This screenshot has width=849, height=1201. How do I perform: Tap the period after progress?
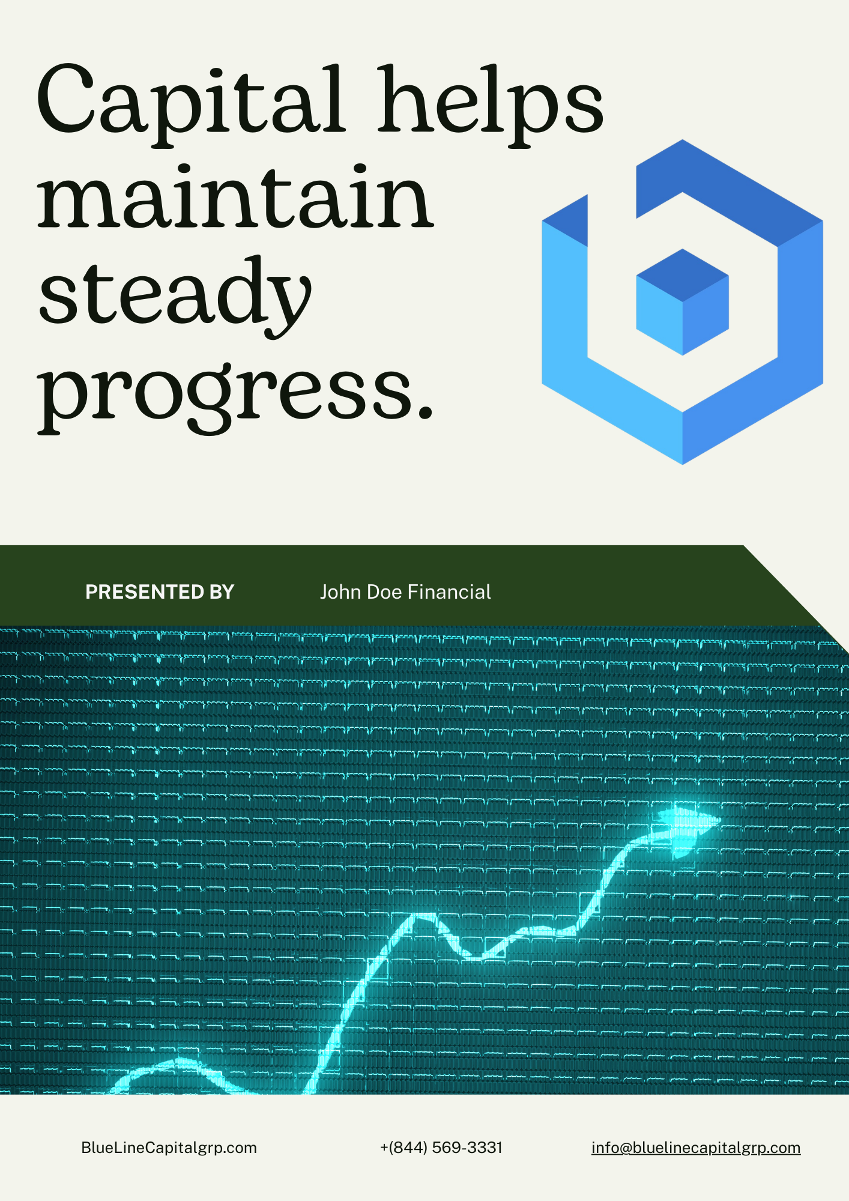424,409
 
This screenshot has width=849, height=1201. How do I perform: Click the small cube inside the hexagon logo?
682,302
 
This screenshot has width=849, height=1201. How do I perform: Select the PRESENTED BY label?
160,592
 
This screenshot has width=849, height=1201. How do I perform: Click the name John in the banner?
340,592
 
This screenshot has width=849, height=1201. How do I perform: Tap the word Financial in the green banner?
449,592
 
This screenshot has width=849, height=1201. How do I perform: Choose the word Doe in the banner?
384,592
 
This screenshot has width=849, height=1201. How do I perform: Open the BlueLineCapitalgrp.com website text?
169,1148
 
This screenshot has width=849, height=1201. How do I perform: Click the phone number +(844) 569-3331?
441,1148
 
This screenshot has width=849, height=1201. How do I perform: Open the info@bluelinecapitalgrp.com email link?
696,1148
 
